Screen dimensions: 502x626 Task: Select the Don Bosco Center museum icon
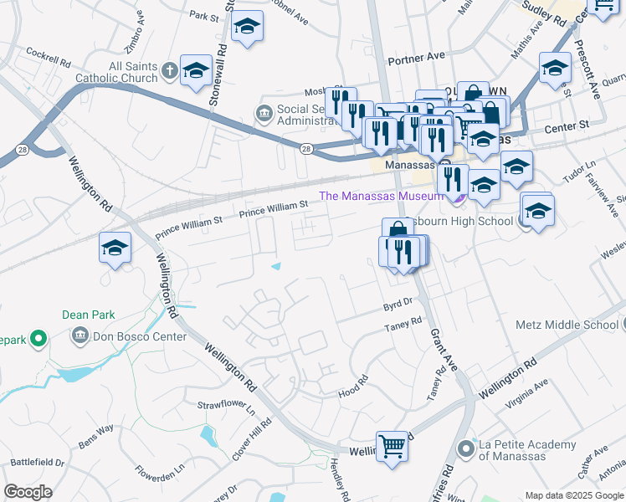80,337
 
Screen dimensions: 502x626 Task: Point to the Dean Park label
87,315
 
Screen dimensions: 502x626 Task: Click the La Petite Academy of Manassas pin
466,450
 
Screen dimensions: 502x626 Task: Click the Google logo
28,492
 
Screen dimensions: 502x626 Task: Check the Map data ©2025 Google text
574,494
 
